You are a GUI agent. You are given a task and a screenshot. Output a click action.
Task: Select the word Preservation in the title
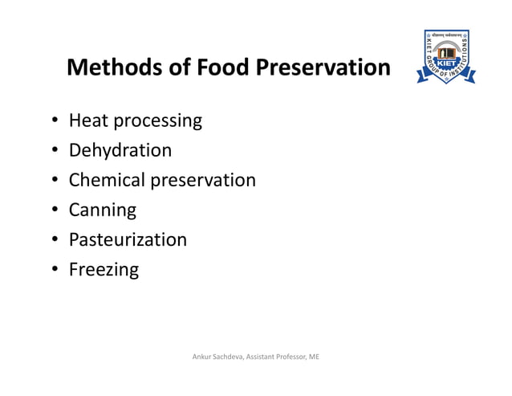point(323,67)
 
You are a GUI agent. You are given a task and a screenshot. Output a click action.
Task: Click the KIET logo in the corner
point(445,57)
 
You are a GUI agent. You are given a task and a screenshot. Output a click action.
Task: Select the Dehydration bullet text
point(120,150)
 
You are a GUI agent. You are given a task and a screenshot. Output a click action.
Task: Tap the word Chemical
point(108,180)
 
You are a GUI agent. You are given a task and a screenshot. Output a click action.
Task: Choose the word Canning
point(103,210)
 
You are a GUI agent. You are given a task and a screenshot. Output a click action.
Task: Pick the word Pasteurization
point(128,239)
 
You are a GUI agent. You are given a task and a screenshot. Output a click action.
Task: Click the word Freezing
point(104,270)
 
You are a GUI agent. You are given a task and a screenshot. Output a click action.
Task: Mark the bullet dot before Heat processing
point(53,122)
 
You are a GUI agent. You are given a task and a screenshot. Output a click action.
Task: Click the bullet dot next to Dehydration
point(53,151)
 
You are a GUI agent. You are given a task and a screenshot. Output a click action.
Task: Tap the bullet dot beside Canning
point(53,210)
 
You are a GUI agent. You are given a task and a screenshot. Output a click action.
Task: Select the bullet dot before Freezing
point(53,270)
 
